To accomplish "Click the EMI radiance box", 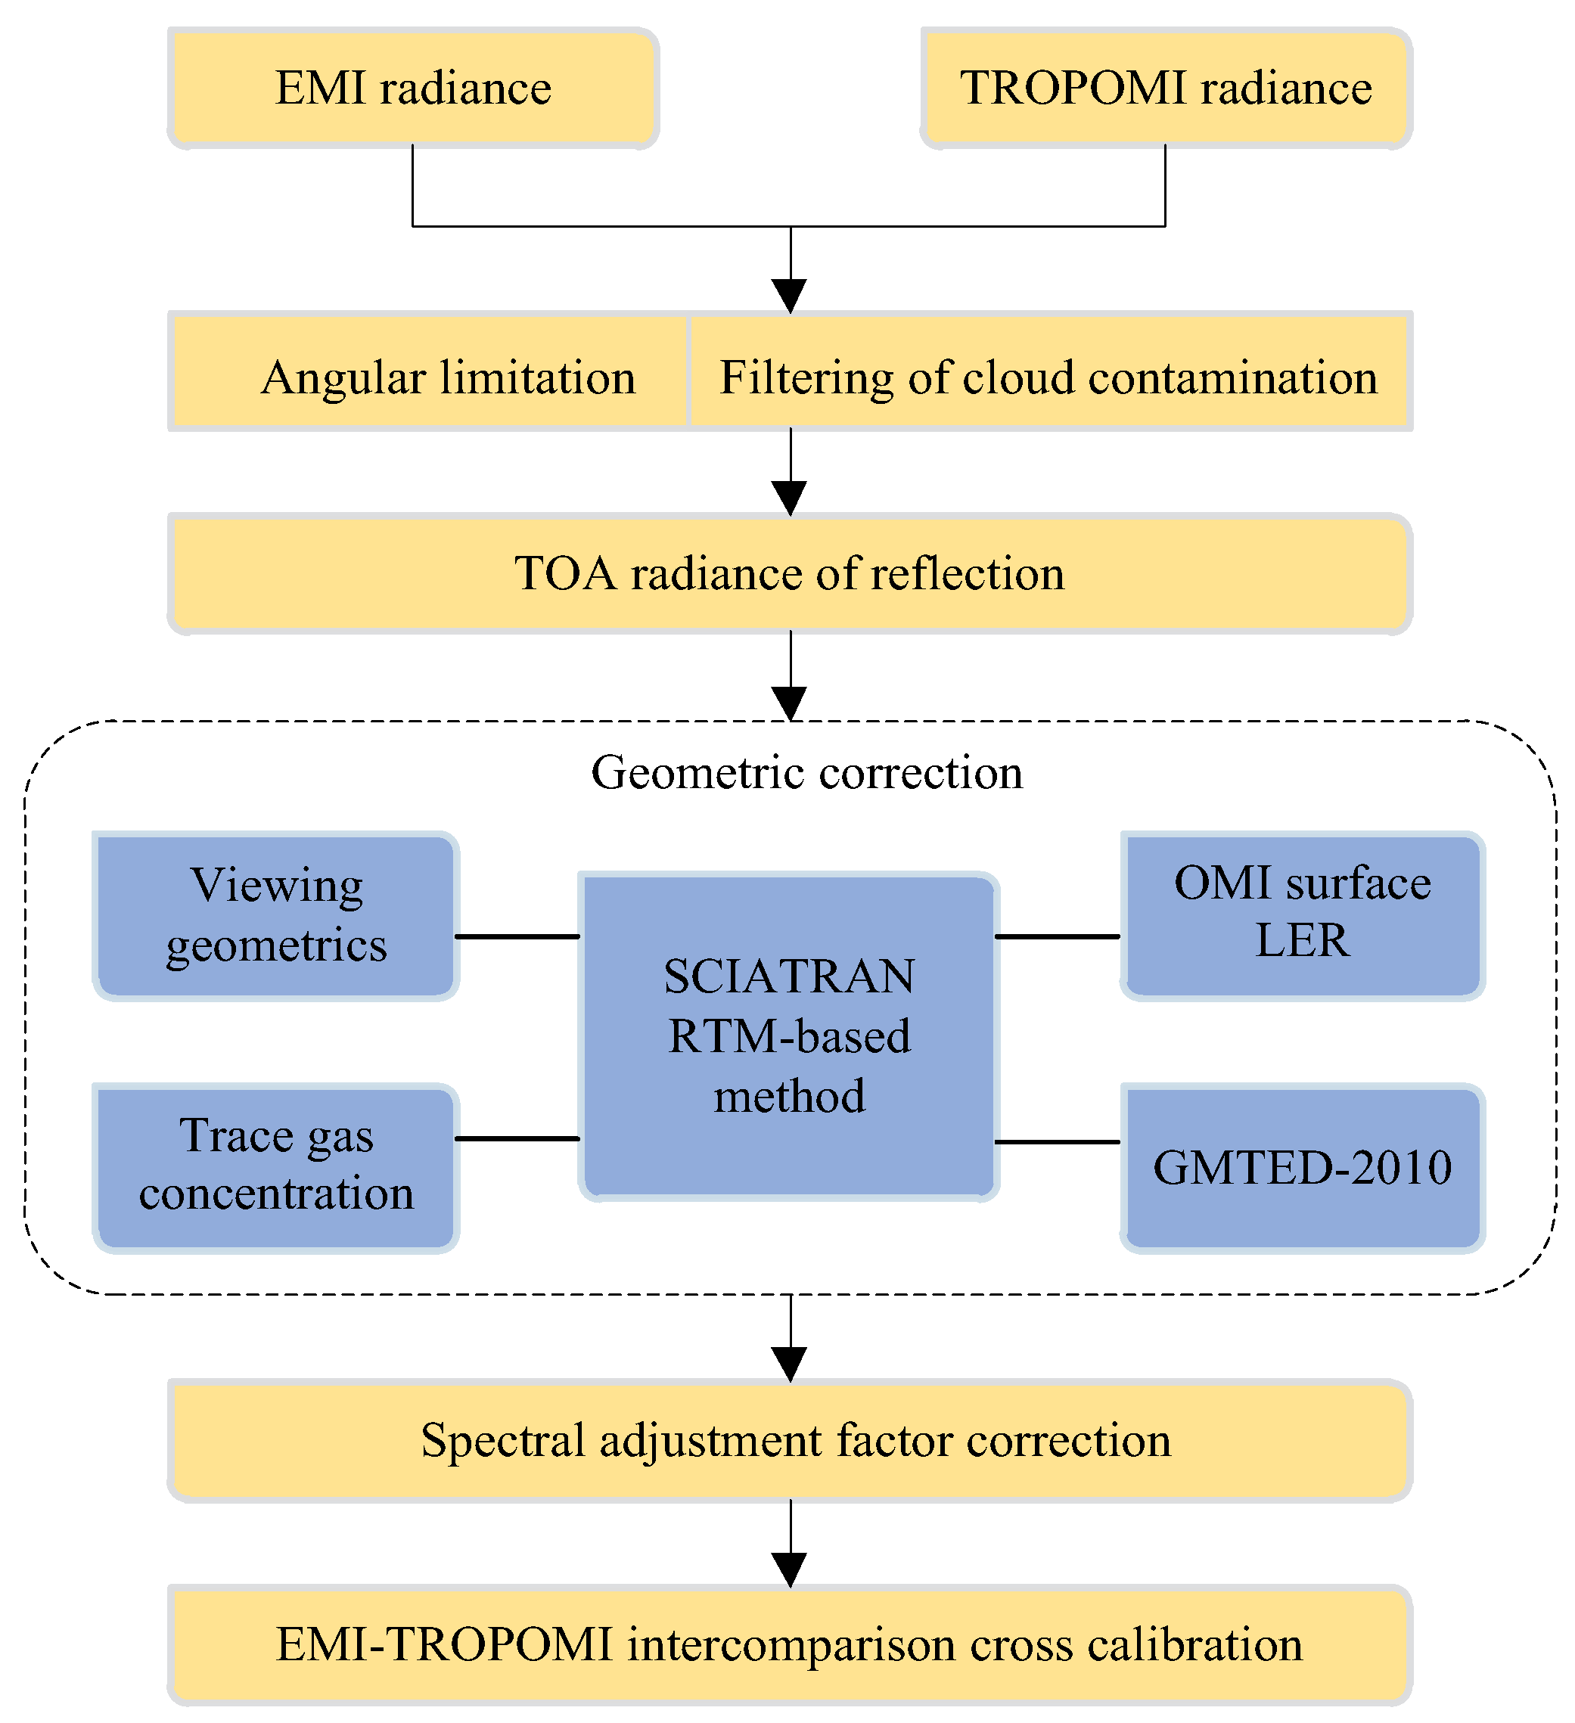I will coord(413,88).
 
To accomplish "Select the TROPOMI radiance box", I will coord(1165,88).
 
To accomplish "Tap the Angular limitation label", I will coord(448,377).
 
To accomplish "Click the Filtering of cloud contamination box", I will coord(1048,377).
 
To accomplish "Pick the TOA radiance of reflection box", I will coord(789,573).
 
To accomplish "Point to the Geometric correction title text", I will coord(806,772).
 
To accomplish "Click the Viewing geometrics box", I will coord(275,914).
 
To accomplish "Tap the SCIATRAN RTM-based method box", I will coord(788,1036).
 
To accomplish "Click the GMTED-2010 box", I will coord(1302,1168).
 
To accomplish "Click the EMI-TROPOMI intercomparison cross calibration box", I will coord(789,1645).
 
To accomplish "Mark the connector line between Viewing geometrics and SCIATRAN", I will coord(517,936).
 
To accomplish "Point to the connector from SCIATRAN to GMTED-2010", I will coord(1057,1142).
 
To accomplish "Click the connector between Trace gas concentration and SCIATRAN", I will coord(517,1138).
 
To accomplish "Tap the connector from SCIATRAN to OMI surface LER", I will coord(1057,936).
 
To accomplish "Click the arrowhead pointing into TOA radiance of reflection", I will coord(790,498).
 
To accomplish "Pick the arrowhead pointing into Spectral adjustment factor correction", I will coord(790,1364).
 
